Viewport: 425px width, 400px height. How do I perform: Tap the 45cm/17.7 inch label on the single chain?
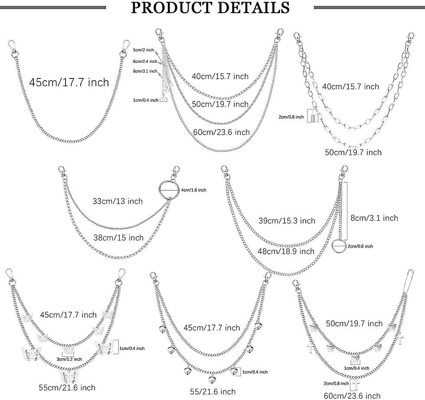[x=69, y=82]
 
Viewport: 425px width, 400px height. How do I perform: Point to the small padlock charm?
[x=313, y=116]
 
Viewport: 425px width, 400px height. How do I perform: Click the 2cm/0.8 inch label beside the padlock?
[x=291, y=117]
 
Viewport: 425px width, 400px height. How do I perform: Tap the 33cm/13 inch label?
[x=118, y=201]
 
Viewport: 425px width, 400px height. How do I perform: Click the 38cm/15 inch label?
[x=118, y=237]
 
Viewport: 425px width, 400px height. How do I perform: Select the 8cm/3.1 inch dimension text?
[x=374, y=218]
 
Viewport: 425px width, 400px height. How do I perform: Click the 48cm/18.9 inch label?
[x=291, y=251]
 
